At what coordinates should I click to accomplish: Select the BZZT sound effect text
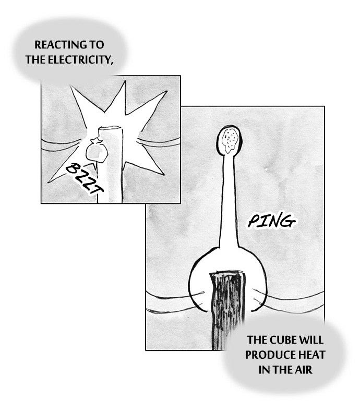(84, 178)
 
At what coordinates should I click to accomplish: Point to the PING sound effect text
(271, 221)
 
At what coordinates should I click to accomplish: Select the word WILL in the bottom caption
(311, 340)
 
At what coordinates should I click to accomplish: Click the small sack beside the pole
(97, 151)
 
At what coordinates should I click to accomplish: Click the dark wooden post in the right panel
(227, 310)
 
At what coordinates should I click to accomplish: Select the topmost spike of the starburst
(125, 82)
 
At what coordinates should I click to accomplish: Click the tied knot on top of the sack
(97, 141)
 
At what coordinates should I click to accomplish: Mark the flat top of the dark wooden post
(226, 272)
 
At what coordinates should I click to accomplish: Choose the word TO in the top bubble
(97, 45)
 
